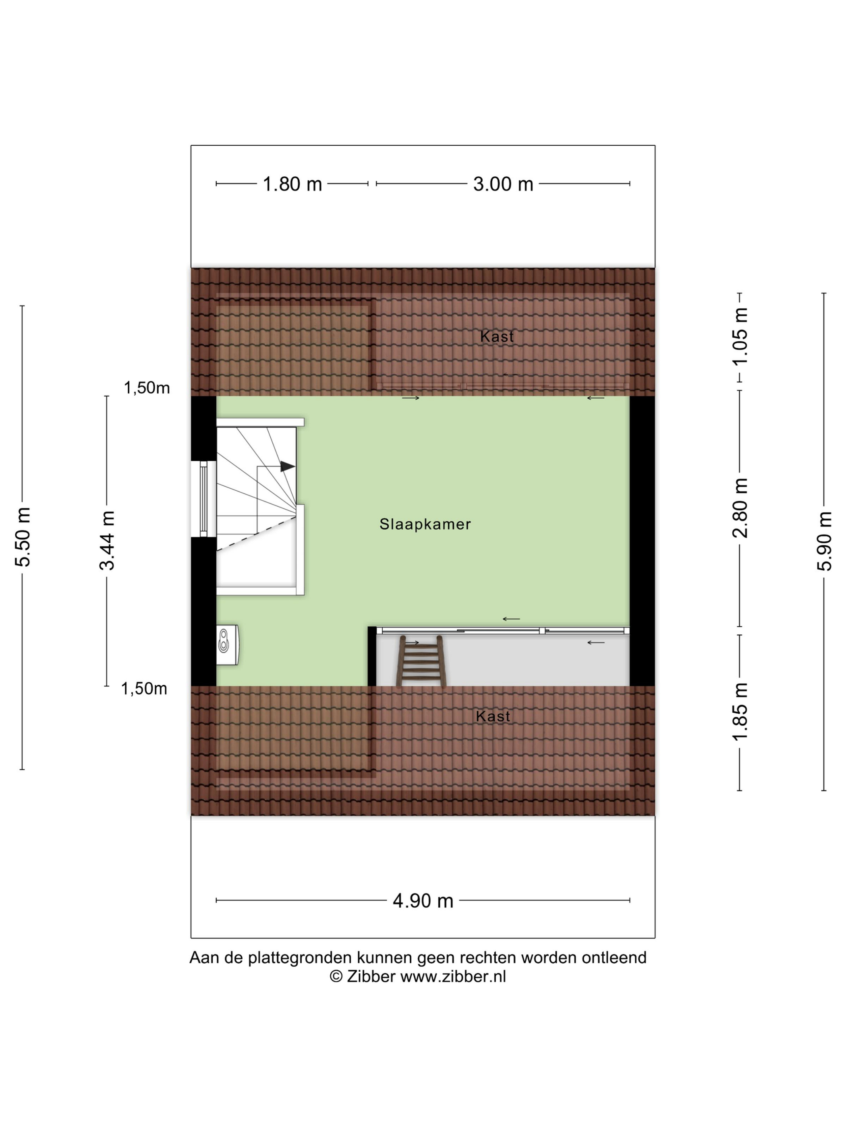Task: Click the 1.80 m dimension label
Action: tap(292, 184)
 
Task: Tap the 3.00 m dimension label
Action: tap(503, 184)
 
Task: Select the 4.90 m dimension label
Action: tap(423, 901)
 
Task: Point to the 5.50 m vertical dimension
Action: tap(23, 537)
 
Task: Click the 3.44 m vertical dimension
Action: tap(107, 540)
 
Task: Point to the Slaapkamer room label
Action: tap(425, 524)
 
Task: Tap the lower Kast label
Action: tap(493, 716)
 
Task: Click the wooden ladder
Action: tap(422, 661)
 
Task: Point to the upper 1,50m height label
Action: tap(147, 388)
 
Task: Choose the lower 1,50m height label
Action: tap(144, 689)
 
